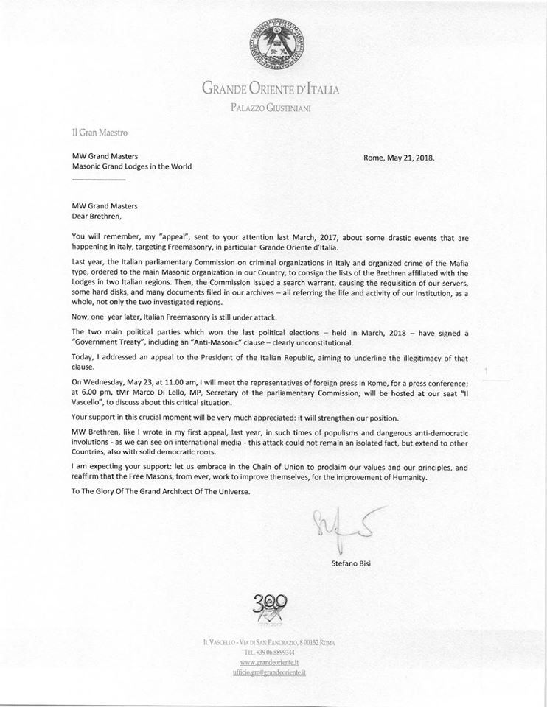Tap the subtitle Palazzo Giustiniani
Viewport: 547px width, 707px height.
(x=272, y=109)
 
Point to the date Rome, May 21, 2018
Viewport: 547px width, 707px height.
(x=405, y=157)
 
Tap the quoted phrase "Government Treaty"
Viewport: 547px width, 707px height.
(x=101, y=342)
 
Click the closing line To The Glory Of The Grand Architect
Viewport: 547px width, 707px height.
(x=153, y=493)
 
